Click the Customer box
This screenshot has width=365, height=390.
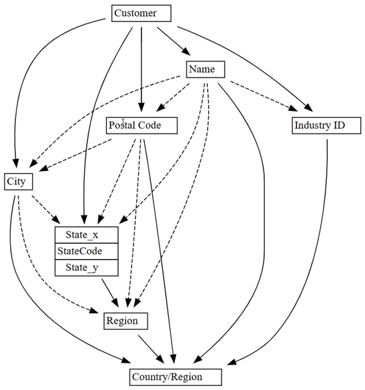(x=141, y=13)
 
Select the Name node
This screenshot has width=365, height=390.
(x=206, y=69)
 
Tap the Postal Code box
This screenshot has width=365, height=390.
(x=141, y=126)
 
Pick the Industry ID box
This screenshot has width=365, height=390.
(x=326, y=126)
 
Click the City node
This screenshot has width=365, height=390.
(x=19, y=182)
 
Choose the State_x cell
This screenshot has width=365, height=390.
(x=87, y=235)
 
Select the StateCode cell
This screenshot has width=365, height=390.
(x=87, y=251)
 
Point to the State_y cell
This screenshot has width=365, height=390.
(x=87, y=268)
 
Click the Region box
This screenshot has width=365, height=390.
(x=125, y=321)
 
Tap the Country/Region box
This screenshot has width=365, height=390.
(x=175, y=377)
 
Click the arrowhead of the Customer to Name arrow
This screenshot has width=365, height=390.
(x=186, y=51)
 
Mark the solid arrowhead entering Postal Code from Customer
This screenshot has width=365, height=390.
(x=141, y=107)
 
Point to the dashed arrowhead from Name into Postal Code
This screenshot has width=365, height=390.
(x=161, y=108)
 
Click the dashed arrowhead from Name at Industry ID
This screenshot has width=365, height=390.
(x=293, y=108)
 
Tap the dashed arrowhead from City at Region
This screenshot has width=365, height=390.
(x=94, y=311)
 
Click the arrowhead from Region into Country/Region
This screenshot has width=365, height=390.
(x=160, y=359)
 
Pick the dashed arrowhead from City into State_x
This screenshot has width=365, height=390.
(x=56, y=219)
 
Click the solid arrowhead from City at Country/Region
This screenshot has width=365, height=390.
(x=125, y=360)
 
